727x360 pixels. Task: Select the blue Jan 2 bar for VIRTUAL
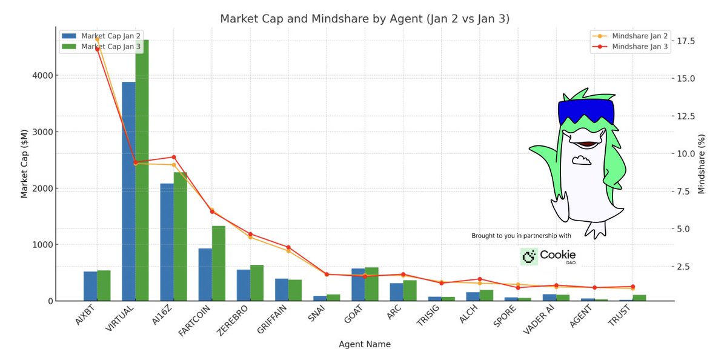128,194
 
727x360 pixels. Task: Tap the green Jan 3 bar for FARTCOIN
218,264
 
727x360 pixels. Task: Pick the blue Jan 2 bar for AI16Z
167,242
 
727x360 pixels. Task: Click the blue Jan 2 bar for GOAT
358,285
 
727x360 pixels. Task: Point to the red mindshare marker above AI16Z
174,157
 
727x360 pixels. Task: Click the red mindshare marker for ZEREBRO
250,234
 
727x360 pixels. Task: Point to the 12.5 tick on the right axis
688,116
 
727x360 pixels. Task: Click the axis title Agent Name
364,344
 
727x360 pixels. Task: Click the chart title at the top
364,19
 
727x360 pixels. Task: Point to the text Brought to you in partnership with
521,236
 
